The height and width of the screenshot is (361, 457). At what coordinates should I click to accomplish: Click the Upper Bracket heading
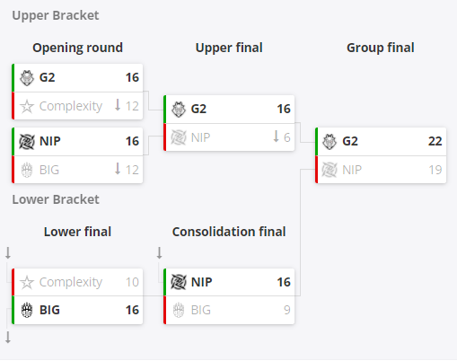56,15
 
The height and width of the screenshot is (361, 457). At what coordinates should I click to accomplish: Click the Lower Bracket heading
56,199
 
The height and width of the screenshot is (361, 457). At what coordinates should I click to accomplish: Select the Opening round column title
77,48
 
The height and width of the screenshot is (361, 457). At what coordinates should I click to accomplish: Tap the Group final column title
381,48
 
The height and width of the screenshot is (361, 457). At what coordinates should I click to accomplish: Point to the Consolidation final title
229,232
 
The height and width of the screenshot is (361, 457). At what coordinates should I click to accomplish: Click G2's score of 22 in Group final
435,141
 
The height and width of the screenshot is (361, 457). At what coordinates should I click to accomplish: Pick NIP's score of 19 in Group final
435,170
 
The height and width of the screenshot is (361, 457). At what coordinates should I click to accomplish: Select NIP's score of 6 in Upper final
286,137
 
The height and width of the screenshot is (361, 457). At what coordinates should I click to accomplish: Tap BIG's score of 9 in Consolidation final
287,310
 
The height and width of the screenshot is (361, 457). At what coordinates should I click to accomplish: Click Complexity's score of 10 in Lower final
132,282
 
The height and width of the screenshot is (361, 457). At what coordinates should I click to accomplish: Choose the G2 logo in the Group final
330,141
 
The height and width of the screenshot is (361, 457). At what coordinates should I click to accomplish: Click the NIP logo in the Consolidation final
179,282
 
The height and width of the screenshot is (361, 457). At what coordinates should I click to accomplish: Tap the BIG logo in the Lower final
27,310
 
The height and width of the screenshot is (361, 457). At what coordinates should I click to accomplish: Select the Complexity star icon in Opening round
27,106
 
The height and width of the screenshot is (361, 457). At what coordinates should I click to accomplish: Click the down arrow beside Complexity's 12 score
118,105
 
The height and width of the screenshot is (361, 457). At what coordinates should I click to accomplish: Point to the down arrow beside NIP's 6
276,136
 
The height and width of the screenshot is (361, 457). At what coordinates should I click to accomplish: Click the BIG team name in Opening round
49,170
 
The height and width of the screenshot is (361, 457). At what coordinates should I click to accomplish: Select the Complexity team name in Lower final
71,282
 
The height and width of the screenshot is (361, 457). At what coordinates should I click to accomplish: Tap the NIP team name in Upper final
200,137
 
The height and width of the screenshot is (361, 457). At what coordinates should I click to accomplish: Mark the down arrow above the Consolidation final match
160,253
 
